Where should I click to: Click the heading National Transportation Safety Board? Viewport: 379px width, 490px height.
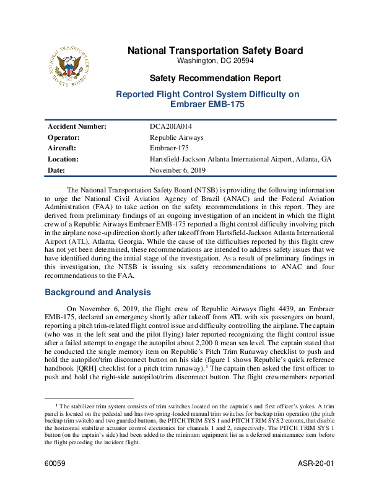coord(215,51)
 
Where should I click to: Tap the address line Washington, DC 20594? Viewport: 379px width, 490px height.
coord(215,61)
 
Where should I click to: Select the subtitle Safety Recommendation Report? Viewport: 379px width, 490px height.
coord(215,79)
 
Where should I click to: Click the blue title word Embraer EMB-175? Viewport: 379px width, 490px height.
coord(207,105)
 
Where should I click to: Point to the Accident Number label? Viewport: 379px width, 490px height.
coord(77,126)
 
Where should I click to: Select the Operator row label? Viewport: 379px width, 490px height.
coord(64,137)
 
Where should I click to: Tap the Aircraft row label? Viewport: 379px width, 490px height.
coord(63,148)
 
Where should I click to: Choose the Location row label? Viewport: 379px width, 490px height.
coord(64,159)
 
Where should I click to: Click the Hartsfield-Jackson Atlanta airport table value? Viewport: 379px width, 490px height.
coord(240,159)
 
